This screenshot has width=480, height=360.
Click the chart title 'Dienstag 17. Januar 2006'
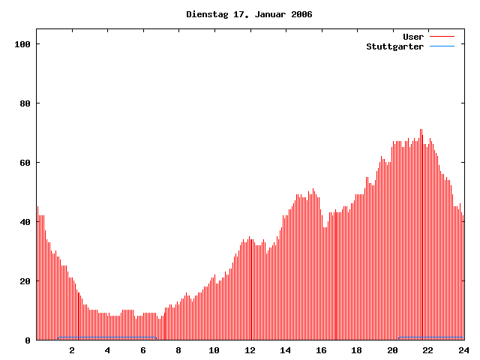(249, 14)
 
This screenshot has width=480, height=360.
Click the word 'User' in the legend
(413, 37)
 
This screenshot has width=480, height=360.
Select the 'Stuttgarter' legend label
(394, 46)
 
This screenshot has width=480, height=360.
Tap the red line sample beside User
(442, 37)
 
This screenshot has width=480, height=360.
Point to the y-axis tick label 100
(22, 44)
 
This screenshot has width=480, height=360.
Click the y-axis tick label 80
(24, 103)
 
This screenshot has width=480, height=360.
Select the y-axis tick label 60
(24, 163)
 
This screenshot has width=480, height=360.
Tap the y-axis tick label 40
(24, 222)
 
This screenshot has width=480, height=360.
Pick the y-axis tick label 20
(24, 281)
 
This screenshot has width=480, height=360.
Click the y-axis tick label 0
(27, 340)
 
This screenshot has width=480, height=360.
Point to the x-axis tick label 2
(72, 350)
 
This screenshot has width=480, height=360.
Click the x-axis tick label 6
(143, 350)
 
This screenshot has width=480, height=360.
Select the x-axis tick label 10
(214, 350)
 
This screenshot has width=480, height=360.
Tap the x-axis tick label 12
(250, 350)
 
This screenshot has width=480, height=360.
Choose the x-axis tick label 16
(321, 350)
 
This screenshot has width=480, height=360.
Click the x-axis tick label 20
(392, 350)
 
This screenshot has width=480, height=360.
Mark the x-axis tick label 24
(463, 350)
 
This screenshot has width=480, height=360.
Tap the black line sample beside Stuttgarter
(442, 46)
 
